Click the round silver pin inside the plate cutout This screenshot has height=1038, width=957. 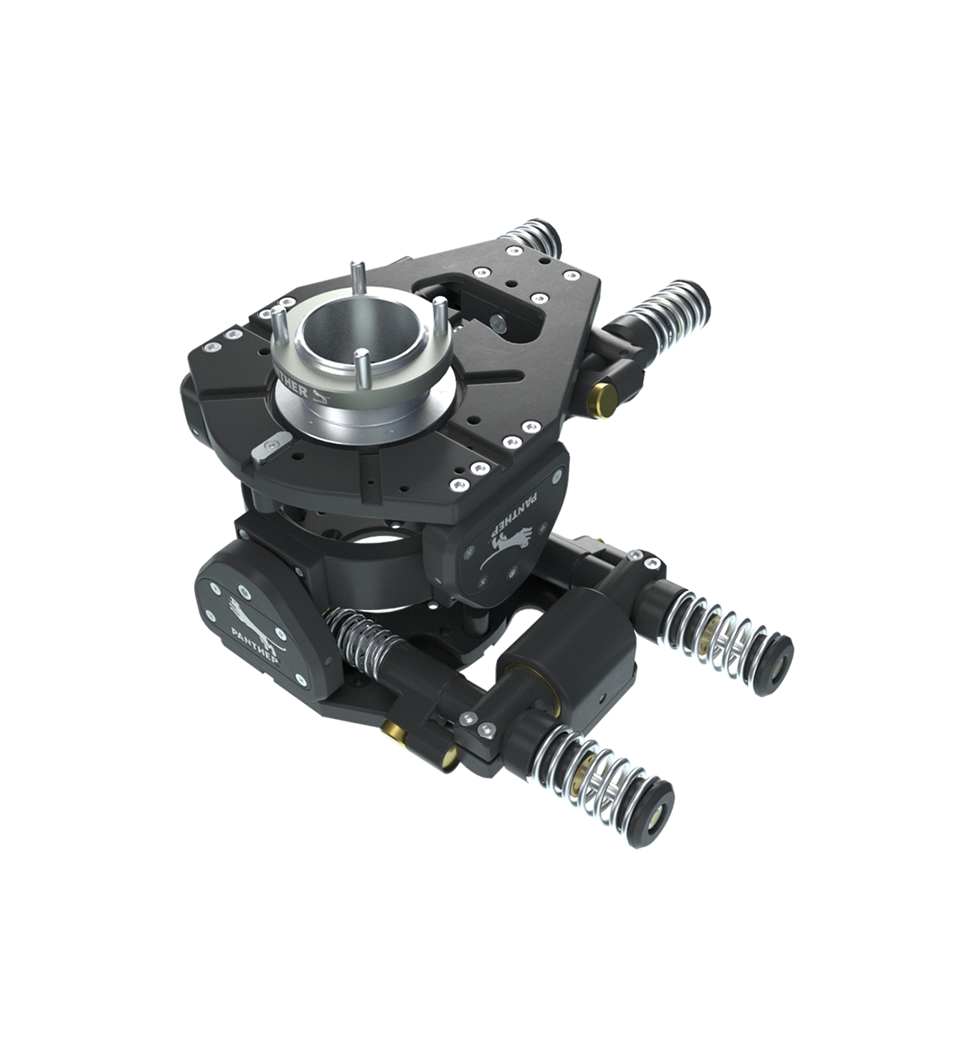click(496, 323)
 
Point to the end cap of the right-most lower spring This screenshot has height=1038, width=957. click(777, 659)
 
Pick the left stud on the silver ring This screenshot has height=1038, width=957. click(278, 322)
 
